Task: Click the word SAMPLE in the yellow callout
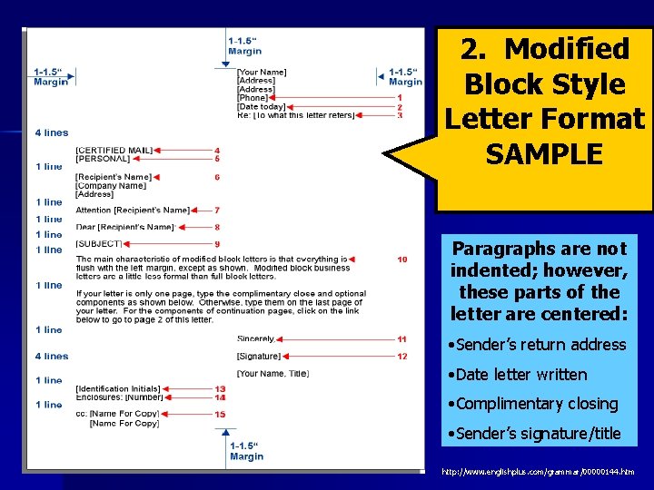544,154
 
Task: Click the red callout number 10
402,260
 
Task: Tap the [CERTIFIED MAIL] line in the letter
114,150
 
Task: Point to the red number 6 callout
217,177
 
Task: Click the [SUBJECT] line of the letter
97,243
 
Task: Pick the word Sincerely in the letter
256,338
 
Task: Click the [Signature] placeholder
259,356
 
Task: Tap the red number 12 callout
402,356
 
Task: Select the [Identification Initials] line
118,388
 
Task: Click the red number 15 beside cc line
220,414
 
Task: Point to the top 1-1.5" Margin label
244,45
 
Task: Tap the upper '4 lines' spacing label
52,133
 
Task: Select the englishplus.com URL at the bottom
538,472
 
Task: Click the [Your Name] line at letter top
262,72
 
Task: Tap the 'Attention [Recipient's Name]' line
134,210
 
